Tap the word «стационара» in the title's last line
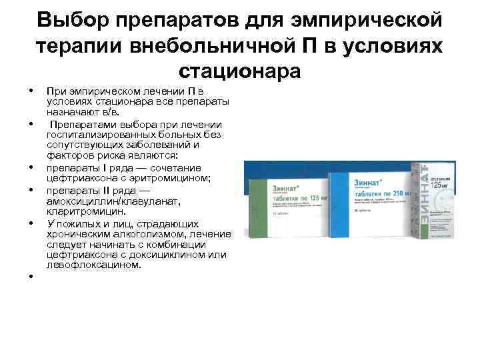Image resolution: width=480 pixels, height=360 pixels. [x=240, y=70]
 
